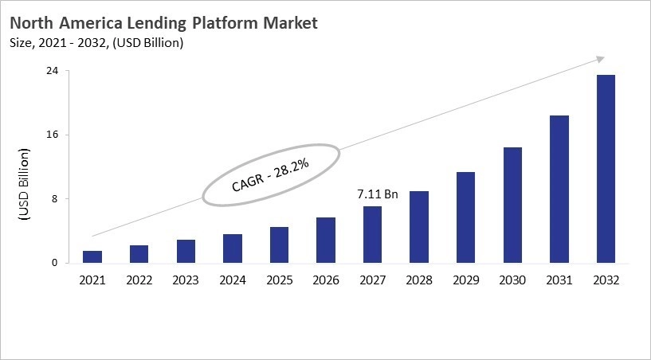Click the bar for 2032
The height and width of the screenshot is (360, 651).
point(606,169)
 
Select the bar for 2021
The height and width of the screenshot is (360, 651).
point(92,256)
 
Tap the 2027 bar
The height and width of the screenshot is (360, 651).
point(372,234)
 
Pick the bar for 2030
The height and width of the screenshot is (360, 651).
point(512,205)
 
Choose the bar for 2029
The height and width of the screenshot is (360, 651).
point(465,217)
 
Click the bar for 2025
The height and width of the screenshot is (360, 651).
point(279,245)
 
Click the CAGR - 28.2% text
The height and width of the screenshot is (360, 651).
point(270,174)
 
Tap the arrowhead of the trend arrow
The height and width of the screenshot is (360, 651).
point(600,59)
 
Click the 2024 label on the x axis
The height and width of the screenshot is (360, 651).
point(233,280)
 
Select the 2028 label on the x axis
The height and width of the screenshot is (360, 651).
point(419,280)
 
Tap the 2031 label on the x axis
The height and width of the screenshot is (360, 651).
point(559,280)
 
